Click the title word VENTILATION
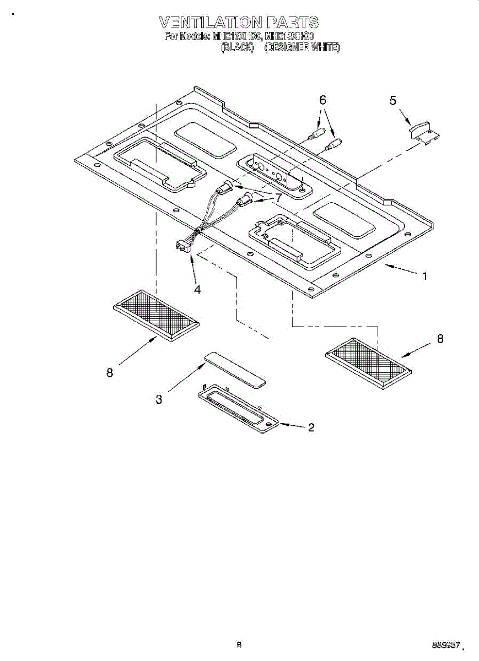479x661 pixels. [211, 23]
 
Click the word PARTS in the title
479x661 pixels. [292, 23]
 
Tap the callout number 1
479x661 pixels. [424, 277]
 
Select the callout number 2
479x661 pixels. [311, 427]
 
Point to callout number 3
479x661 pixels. [159, 400]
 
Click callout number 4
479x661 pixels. [197, 290]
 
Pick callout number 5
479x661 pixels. [392, 100]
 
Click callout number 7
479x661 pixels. [278, 197]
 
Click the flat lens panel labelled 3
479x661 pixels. [235, 370]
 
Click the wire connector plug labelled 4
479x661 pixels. [181, 246]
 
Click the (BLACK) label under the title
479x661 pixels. [236, 48]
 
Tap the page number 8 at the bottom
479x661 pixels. [239, 644]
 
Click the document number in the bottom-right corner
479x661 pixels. [446, 645]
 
